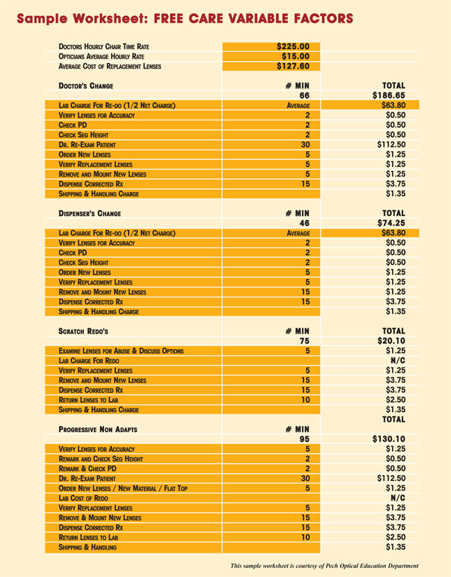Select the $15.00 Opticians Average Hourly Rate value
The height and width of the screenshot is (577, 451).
click(299, 57)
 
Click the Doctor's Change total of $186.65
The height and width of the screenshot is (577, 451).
click(389, 96)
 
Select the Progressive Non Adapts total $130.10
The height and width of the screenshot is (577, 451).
click(389, 438)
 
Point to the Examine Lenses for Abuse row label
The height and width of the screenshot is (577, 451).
click(121, 351)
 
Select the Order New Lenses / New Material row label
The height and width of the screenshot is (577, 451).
click(123, 488)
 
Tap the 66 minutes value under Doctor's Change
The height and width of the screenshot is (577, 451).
click(304, 96)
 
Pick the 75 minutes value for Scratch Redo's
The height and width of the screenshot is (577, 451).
click(304, 341)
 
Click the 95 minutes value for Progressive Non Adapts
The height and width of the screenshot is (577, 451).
click(304, 438)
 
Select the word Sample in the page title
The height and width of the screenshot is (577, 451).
click(46, 17)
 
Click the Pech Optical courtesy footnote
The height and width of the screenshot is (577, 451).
click(325, 566)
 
